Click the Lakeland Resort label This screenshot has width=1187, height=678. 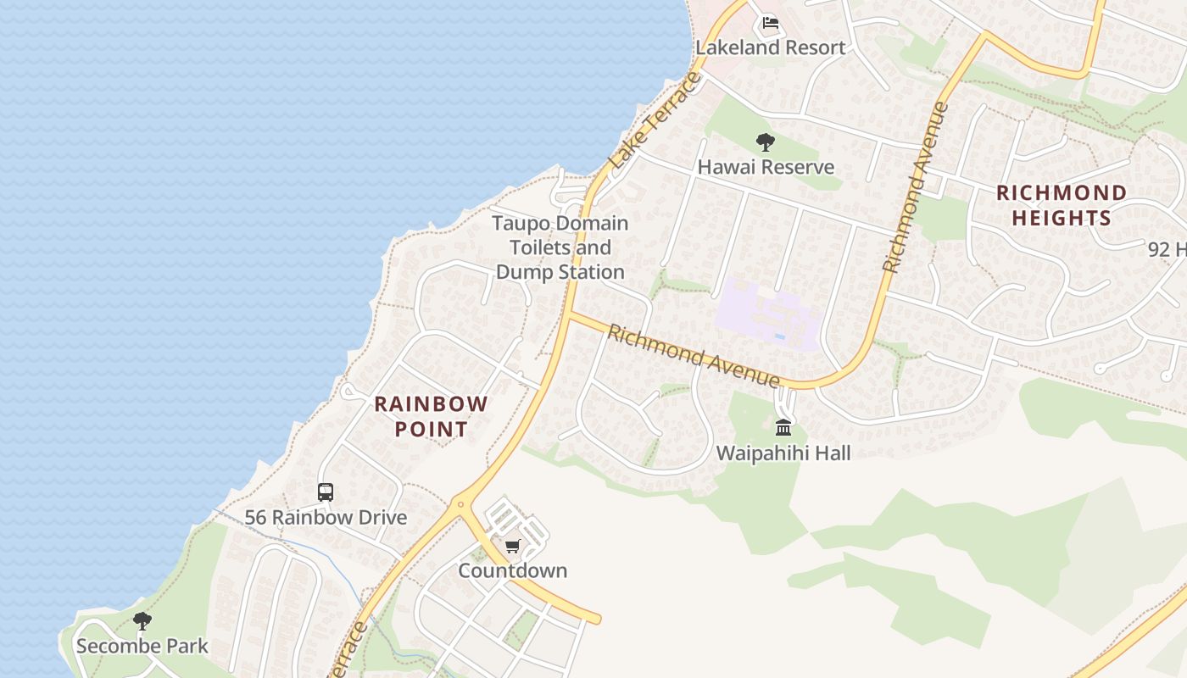click(x=770, y=47)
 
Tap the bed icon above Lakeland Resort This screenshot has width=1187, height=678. click(x=770, y=23)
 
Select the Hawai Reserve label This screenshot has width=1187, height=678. click(x=766, y=167)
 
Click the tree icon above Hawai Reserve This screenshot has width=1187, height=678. click(x=766, y=142)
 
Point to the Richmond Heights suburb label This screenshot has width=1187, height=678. click(x=1062, y=205)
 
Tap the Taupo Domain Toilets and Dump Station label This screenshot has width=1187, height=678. click(x=560, y=247)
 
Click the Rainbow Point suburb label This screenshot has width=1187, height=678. click(x=431, y=416)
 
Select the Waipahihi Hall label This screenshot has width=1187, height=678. click(x=783, y=453)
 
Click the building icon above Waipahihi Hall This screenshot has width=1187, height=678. click(x=783, y=427)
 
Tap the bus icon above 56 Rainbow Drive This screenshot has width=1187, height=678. click(x=326, y=492)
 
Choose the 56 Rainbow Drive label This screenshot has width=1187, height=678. click(x=326, y=517)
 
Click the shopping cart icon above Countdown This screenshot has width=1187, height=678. click(x=512, y=547)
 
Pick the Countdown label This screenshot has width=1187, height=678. click(x=512, y=570)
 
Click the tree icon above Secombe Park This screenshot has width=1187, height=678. click(x=142, y=621)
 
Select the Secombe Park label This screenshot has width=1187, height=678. click(x=142, y=646)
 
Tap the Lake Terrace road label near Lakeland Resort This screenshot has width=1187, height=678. click(x=655, y=120)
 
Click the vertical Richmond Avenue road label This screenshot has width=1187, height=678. click(x=915, y=188)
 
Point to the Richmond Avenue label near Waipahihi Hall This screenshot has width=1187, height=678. click(x=693, y=355)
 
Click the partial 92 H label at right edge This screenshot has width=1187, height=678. click(x=1166, y=249)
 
